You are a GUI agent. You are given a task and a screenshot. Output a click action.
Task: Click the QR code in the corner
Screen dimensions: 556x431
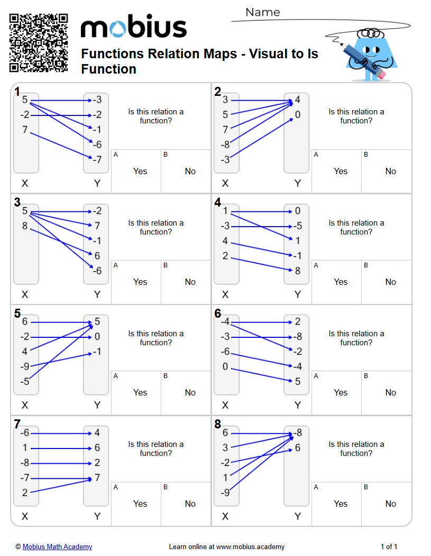coord(39,43)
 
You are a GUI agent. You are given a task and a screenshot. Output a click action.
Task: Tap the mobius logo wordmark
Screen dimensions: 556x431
coord(133,28)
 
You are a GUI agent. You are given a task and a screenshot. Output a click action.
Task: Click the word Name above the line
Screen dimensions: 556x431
coord(262,12)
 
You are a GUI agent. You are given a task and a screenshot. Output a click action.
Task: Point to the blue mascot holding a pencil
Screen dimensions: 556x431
coord(370,53)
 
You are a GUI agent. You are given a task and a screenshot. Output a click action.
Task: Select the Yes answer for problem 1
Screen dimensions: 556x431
coord(140,171)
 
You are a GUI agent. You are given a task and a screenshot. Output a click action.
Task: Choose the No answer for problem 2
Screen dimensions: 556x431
coord(390,171)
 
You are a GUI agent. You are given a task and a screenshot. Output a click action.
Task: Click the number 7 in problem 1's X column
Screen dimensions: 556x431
coord(25,130)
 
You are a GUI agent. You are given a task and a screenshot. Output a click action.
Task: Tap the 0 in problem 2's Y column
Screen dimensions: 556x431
coord(298,115)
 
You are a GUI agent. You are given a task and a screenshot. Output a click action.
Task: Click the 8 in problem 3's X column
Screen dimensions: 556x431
coord(25,226)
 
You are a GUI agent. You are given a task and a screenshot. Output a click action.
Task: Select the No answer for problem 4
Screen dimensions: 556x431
coord(390,282)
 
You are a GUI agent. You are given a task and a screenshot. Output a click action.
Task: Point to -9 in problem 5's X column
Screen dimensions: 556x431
coord(25,366)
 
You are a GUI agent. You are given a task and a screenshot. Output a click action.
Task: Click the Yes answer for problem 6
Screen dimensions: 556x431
coord(341,392)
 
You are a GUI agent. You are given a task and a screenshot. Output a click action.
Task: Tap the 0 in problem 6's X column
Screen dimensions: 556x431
coord(225,366)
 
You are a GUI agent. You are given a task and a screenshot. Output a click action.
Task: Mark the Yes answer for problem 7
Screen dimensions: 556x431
coord(140,504)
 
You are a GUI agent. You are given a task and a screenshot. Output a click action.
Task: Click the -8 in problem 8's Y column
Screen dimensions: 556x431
coord(298,433)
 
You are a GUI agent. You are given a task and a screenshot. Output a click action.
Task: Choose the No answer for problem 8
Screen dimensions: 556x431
coord(390,504)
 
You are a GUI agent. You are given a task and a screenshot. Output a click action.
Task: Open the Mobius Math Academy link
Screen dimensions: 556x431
coord(57,546)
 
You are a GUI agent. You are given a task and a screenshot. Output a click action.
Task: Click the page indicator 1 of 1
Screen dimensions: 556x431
coord(389,546)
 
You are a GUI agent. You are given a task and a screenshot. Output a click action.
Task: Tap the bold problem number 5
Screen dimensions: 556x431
coord(17,313)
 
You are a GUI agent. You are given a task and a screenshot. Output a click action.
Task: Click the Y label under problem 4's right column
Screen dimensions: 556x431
coord(298,294)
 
